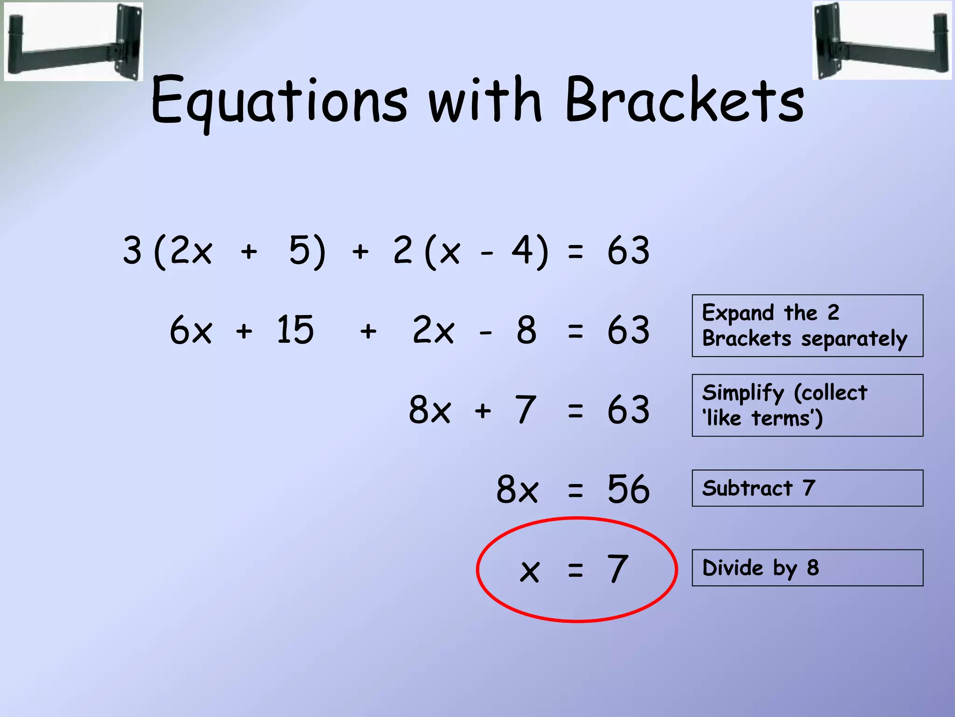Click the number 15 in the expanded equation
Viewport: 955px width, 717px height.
[x=295, y=330]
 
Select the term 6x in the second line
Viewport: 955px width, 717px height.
[x=191, y=330]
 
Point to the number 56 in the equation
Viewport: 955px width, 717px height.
[x=628, y=489]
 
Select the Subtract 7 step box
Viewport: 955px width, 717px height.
[x=807, y=488]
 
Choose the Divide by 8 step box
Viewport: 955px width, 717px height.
[x=807, y=568]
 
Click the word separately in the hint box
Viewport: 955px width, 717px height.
[x=854, y=339]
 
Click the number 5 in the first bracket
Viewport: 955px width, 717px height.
[x=300, y=250]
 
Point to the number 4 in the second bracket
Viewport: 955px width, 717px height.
[x=523, y=250]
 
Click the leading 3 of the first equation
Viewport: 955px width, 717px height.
[x=132, y=250]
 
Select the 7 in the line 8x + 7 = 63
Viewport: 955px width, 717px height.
[x=526, y=410]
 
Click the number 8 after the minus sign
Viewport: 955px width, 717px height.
[x=526, y=330]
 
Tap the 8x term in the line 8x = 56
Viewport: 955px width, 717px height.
[x=517, y=489]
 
